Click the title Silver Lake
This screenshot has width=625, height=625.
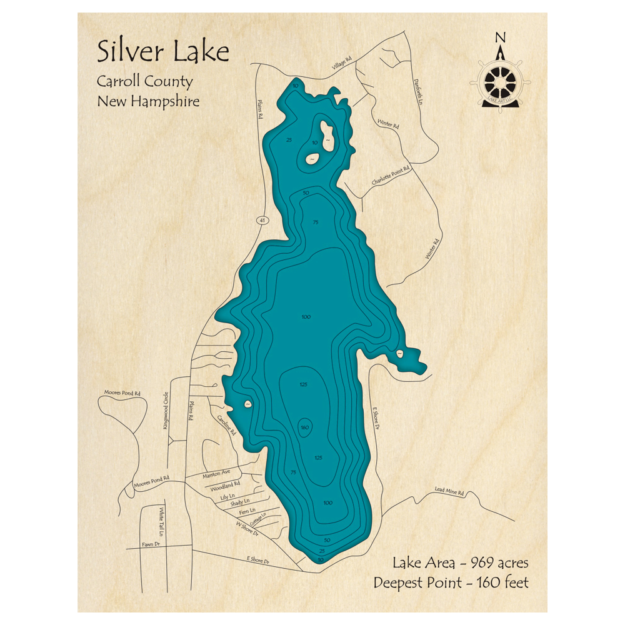162,52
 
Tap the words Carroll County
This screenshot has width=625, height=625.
144,81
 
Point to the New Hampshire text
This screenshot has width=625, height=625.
148,101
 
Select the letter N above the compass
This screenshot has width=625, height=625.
500,38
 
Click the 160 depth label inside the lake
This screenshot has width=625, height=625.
305,427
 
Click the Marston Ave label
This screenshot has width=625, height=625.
217,475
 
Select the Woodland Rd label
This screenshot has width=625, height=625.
226,486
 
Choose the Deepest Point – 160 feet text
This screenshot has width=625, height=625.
451,582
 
